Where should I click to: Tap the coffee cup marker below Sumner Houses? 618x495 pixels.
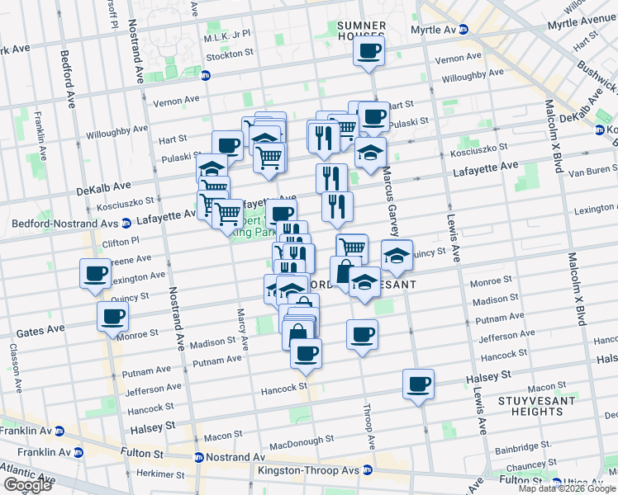(369, 51)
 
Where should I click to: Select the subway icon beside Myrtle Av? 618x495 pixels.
(463, 29)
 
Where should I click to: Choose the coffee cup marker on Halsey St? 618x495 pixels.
(419, 384)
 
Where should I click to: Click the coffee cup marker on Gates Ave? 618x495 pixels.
(112, 315)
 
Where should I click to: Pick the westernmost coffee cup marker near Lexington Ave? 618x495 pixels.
(95, 273)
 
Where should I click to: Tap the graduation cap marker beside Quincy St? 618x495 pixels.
(397, 255)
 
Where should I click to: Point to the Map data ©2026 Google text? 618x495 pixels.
(566, 488)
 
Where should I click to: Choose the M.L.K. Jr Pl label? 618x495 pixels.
(227, 39)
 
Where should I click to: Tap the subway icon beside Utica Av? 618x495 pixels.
(556, 481)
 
